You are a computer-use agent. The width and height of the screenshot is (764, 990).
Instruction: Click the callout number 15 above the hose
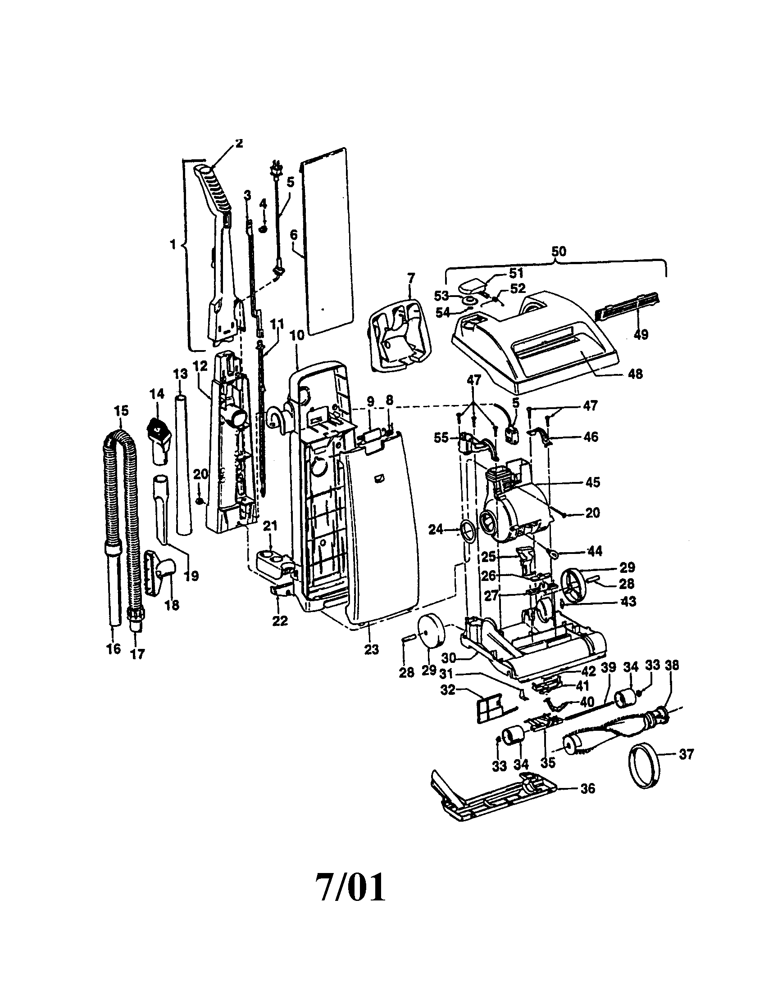point(121,411)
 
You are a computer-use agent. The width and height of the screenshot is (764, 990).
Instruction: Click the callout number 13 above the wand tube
point(180,374)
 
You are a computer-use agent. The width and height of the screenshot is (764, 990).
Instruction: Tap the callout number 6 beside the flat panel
point(294,235)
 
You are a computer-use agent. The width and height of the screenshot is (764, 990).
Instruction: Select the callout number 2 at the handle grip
point(239,144)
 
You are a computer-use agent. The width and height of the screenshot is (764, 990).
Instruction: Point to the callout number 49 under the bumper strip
point(641,334)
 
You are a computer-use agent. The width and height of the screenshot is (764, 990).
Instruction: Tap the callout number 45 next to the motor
point(592,482)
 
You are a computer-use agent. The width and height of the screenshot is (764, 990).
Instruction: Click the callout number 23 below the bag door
point(371,649)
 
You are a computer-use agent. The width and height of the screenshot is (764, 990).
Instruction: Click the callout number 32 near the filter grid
point(448,691)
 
